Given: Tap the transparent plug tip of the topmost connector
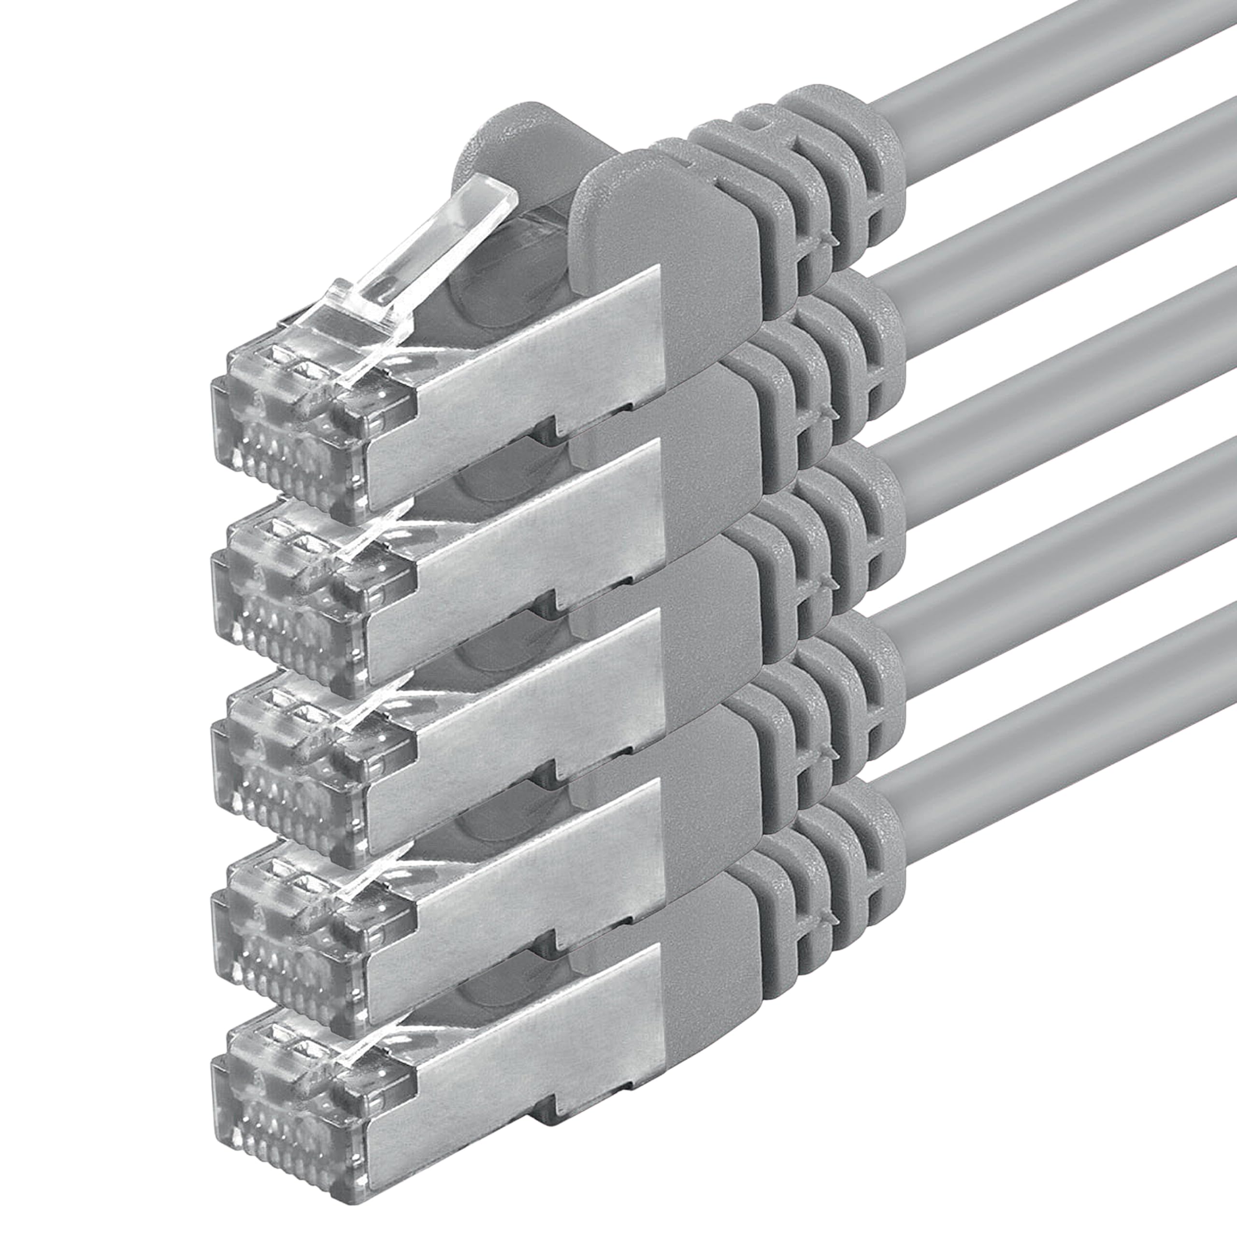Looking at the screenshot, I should pyautogui.click(x=301, y=435).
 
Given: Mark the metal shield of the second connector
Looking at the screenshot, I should pyautogui.click(x=512, y=551).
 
